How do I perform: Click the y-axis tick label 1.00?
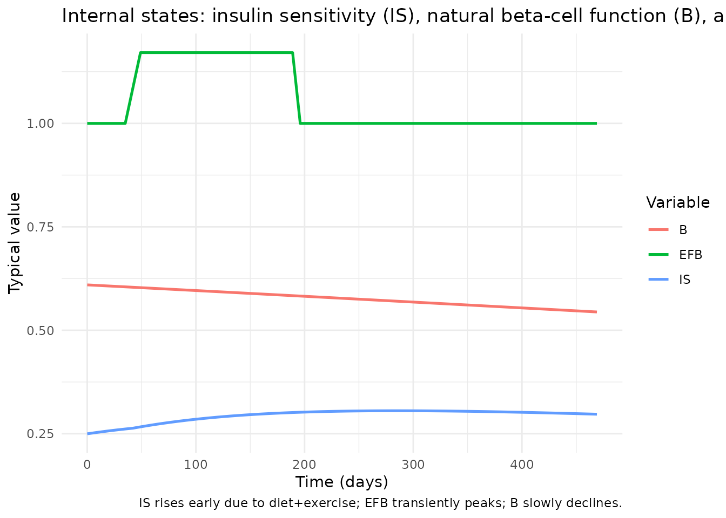(x=40, y=124)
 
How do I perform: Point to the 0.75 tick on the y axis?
(x=40, y=227)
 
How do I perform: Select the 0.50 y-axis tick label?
(x=40, y=331)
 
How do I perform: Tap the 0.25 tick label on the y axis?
(x=40, y=434)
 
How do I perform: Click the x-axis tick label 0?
(x=87, y=465)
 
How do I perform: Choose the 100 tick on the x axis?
(x=196, y=465)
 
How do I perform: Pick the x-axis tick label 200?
(x=304, y=465)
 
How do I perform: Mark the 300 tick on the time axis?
(x=413, y=465)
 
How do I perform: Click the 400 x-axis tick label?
(x=522, y=465)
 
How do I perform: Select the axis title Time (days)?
(x=341, y=482)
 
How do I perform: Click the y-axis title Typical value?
(x=14, y=243)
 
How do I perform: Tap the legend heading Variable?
(x=678, y=203)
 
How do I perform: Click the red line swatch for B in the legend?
(x=658, y=229)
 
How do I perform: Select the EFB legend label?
(x=691, y=255)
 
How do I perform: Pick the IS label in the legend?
(x=685, y=280)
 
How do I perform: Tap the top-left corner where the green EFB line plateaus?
(x=140, y=52)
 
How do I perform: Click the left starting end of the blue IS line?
(x=88, y=434)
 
